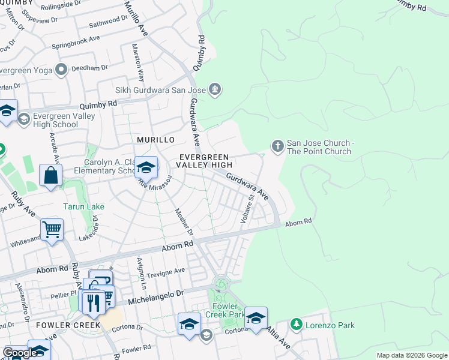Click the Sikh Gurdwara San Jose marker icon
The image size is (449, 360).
pyautogui.click(x=215, y=91)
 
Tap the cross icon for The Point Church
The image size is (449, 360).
pyautogui.click(x=277, y=146)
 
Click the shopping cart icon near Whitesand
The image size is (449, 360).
pyautogui.click(x=52, y=230)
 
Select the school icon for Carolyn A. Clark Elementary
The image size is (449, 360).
pyautogui.click(x=146, y=167)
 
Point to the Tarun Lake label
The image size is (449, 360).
pyautogui.click(x=83, y=206)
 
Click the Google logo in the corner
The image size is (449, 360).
pyautogui.click(x=20, y=353)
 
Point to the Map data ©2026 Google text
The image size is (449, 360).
pyautogui.click(x=411, y=355)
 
